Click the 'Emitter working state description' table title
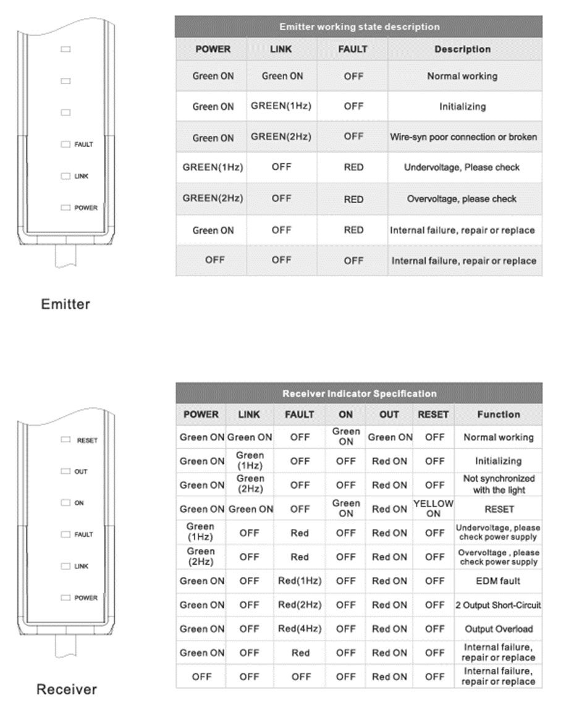point(359,27)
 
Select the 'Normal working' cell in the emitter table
point(462,76)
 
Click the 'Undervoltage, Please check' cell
point(462,167)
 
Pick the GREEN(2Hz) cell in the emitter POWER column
point(213,199)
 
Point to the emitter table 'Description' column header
point(462,49)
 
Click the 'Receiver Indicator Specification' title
point(359,394)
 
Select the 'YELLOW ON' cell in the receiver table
point(433,509)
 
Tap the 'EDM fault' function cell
point(498,581)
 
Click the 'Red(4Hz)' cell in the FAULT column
point(300,629)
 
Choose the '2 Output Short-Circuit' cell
point(498,605)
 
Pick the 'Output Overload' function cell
point(498,629)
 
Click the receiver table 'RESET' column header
point(433,415)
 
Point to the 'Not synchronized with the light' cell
point(499,484)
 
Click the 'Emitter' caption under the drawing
point(65,304)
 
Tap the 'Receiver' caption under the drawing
point(66,689)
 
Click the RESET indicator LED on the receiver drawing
point(65,440)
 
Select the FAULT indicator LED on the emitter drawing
point(65,144)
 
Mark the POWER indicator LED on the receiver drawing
point(65,597)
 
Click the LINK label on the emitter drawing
point(81,177)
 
